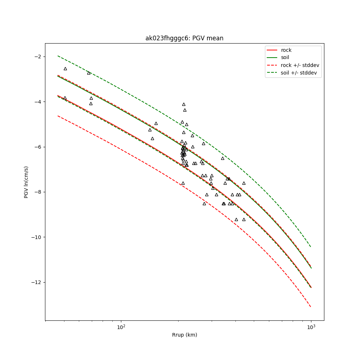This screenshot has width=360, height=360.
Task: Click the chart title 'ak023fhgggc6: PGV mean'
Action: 184,38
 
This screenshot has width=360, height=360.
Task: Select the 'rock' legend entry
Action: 286,50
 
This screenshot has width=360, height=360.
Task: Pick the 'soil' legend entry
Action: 285,57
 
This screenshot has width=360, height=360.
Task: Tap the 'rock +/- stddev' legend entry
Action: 300,65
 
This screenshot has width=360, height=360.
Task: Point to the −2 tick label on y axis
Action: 36,57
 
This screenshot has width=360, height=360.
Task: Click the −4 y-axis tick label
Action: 36,102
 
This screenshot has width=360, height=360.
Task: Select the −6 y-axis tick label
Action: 36,147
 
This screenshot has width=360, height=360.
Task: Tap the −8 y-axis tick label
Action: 36,192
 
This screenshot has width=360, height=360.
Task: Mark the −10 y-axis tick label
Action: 35,237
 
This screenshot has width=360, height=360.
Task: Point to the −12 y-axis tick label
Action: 35,282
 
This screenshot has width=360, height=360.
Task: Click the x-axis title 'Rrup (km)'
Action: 184,335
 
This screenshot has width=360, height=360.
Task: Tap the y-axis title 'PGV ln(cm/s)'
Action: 26,182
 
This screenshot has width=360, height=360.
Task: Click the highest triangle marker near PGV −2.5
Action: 65,68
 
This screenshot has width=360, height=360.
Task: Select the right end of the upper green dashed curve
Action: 311,247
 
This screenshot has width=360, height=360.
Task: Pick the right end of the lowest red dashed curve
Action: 311,307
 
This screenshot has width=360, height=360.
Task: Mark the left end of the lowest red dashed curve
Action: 58,116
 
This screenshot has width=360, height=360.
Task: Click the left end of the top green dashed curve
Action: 58,56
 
